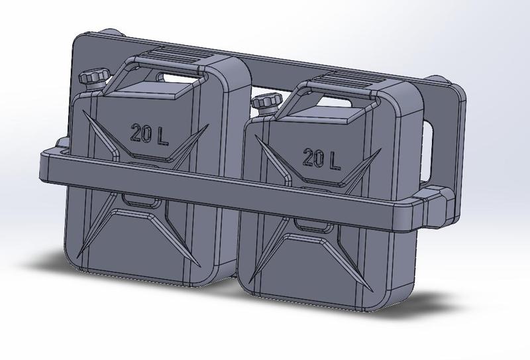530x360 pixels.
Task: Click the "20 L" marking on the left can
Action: point(149,134)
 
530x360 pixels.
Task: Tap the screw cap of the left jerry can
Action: point(91,77)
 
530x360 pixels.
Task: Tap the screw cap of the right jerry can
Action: point(265,102)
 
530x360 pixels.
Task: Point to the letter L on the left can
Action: point(163,135)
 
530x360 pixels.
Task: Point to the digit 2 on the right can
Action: point(309,157)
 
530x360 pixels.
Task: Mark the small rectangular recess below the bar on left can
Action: point(138,199)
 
